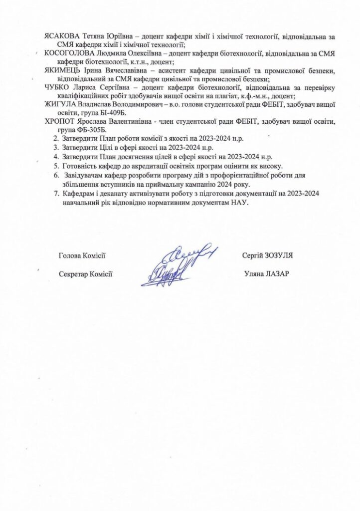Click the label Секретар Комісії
[x=85, y=273]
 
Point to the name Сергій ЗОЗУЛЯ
[x=266, y=255]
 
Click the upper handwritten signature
[x=192, y=255]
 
